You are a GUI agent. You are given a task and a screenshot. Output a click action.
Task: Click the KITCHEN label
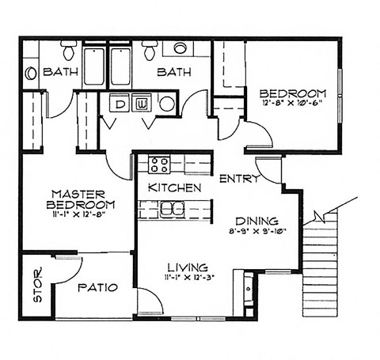[174, 188]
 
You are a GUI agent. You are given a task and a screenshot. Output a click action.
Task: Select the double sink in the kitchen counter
[169, 209]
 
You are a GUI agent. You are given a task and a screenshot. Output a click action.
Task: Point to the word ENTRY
[238, 179]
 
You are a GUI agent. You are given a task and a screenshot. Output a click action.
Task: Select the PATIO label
[97, 288]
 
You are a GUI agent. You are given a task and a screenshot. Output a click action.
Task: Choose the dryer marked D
[122, 103]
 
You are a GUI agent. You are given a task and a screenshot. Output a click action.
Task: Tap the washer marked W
[143, 103]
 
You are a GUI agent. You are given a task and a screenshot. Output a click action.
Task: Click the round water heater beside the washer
[166, 103]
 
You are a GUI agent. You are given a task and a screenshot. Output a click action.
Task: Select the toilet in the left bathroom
[69, 51]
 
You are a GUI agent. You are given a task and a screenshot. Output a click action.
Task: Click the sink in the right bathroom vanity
[180, 48]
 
